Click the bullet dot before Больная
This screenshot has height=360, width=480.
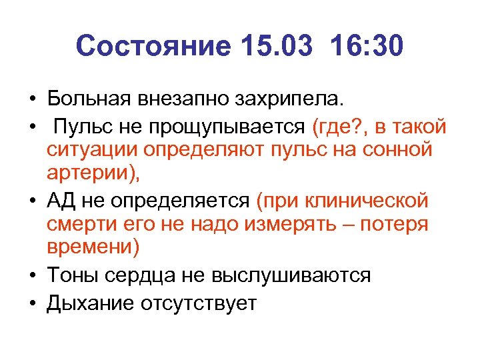click(31, 101)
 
